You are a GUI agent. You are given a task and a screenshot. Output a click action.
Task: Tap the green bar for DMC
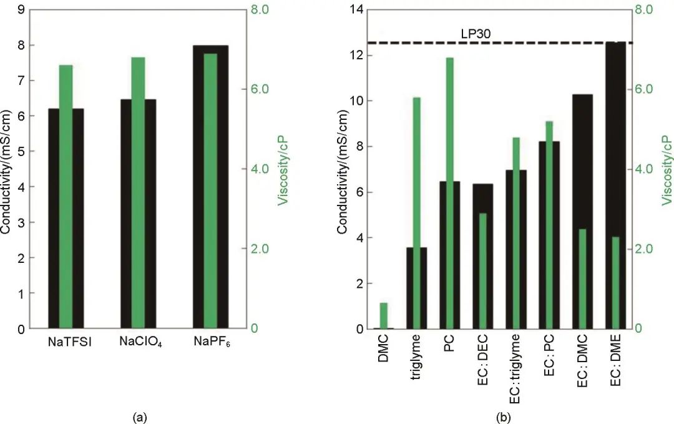click(x=383, y=315)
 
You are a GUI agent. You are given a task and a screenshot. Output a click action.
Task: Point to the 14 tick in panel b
click(x=359, y=10)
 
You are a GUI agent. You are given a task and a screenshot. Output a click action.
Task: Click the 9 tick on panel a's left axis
click(x=22, y=10)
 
